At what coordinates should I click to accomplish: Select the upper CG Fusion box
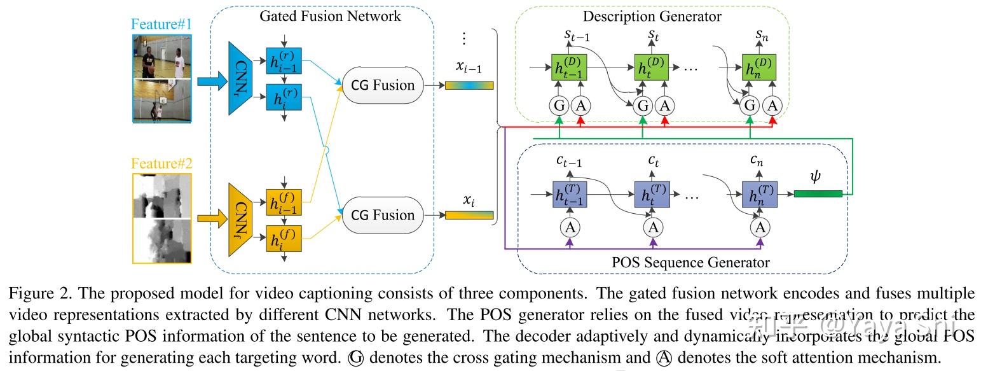[x=383, y=85]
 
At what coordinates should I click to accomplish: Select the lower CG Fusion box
[x=383, y=215]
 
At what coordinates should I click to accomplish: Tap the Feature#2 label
[x=161, y=164]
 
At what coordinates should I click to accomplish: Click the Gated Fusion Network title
[x=330, y=16]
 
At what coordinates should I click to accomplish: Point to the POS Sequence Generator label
[x=690, y=262]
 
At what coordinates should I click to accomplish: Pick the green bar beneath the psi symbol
[x=818, y=193]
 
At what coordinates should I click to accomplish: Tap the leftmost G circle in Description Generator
[x=559, y=105]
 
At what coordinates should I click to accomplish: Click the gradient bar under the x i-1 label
[x=469, y=85]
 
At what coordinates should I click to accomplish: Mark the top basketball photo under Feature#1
[x=161, y=56]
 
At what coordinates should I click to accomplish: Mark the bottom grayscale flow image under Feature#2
[x=161, y=239]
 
